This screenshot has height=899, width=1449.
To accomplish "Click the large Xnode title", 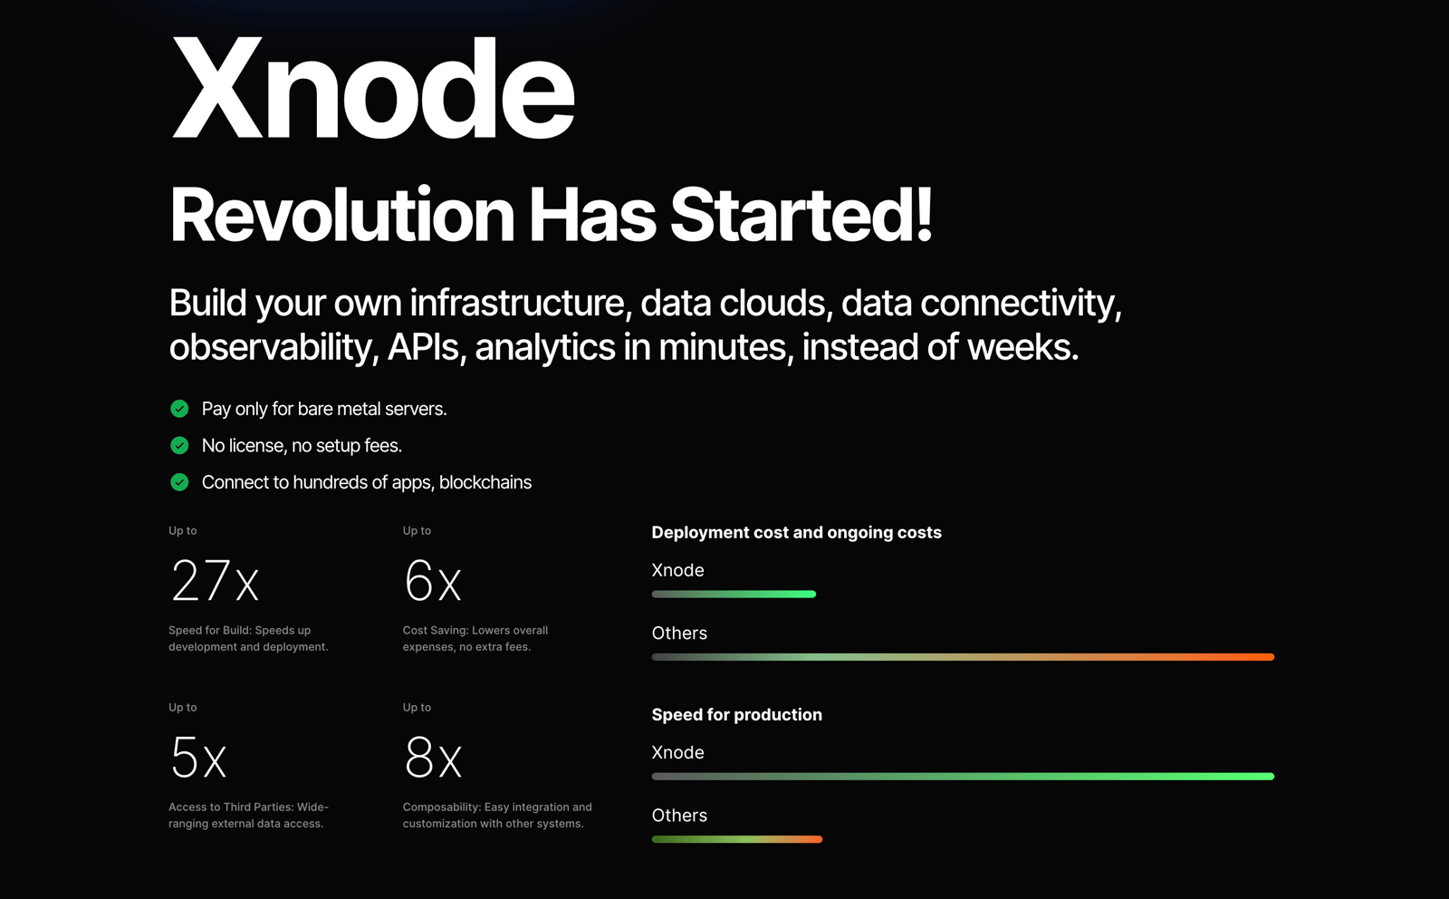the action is click(372, 87).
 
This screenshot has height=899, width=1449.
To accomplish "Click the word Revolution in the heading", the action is click(341, 214).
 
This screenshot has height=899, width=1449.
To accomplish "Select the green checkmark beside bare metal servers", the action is click(179, 409).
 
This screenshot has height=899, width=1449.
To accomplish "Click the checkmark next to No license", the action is click(179, 445).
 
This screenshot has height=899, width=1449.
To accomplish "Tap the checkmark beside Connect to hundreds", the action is click(179, 482).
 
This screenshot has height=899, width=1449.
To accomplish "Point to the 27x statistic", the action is click(215, 581).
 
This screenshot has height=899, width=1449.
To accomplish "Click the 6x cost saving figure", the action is click(433, 581).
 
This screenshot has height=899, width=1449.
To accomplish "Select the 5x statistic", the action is click(198, 758).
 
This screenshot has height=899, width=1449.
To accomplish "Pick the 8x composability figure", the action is click(433, 758).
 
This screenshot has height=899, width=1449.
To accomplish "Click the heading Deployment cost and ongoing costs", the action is click(796, 533).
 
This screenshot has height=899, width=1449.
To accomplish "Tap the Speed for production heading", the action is click(737, 714).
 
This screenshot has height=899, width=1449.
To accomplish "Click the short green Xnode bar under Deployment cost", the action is click(734, 594).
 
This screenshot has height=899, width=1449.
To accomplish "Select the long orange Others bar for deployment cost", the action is click(963, 657).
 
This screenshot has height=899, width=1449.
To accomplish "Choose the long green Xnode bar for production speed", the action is click(963, 776).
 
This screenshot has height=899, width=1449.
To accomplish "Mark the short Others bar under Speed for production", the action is click(737, 839).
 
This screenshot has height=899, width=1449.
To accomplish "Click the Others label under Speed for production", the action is click(679, 816).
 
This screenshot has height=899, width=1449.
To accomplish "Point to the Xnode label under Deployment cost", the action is click(677, 570).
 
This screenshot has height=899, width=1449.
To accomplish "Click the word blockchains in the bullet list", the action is click(485, 482).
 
